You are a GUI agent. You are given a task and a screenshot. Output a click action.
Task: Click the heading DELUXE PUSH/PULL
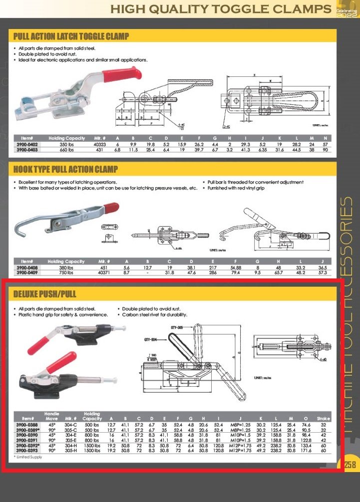44,294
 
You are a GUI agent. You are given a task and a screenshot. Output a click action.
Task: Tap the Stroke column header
323,418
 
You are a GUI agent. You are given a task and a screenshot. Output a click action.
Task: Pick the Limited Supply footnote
29,457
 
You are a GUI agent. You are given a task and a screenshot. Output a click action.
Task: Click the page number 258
350,465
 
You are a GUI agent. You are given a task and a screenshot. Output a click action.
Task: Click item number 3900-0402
27,144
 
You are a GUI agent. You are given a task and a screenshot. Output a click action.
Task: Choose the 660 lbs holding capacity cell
67,149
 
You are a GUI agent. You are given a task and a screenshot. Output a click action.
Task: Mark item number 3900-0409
27,273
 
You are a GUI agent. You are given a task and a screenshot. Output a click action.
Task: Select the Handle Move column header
52,416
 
